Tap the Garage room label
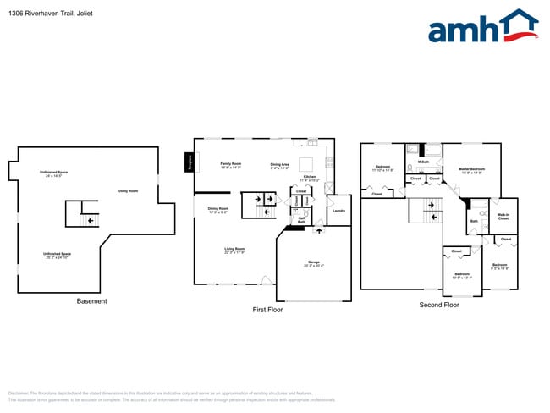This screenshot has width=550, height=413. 313,264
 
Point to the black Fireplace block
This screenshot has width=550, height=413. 189,162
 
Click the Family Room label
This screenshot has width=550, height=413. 230,164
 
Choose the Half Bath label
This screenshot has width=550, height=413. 301,220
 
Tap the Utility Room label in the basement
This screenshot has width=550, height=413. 128,191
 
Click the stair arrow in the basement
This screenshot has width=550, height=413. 84,220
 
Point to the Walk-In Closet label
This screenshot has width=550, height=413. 503,218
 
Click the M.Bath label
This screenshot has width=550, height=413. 423,150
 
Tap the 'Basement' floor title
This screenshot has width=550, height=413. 91,301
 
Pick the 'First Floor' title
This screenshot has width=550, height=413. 267,310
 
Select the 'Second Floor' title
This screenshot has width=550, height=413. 439,305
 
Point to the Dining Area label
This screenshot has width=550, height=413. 280,165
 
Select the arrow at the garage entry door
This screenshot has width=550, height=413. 319,229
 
